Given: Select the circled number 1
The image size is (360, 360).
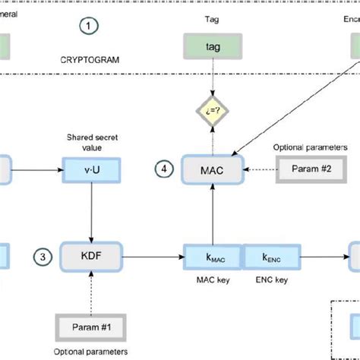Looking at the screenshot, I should [90, 27].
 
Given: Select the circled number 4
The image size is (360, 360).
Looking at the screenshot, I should [165, 168].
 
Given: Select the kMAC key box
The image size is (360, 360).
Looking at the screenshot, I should [211, 257].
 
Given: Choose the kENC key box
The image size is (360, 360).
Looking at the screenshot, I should [270, 257].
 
